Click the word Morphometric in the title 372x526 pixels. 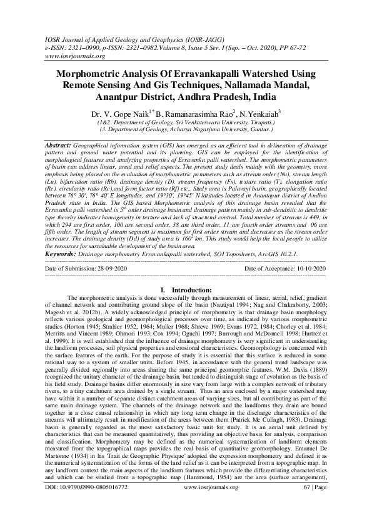pyautogui.click(x=94, y=73)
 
